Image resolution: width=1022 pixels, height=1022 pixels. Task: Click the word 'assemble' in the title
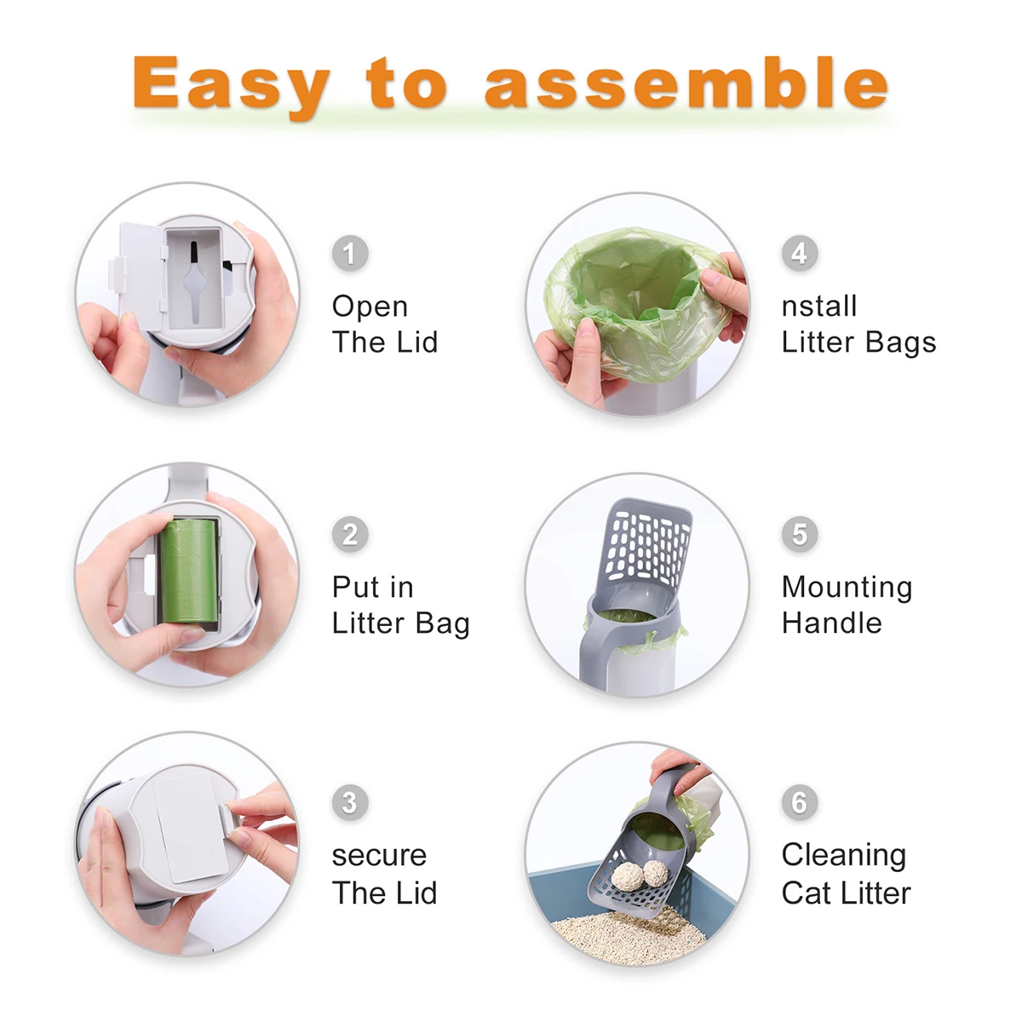coord(686,83)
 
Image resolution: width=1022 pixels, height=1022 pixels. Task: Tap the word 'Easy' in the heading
coord(230,85)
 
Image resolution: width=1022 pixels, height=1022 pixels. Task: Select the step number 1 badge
coord(350,254)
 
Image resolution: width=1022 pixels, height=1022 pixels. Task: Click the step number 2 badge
coord(350,535)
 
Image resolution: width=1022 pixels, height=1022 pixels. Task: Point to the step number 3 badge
coord(350,802)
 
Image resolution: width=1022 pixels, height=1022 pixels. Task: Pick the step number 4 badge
coord(799,254)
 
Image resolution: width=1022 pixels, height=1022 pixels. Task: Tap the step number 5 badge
coord(799,535)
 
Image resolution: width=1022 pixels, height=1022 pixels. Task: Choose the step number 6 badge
coord(799,802)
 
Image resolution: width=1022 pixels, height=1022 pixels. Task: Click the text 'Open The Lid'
coord(384,324)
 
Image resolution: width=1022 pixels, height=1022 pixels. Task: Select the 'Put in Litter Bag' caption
coord(400,605)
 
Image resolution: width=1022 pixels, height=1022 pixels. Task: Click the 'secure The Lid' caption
coord(384,874)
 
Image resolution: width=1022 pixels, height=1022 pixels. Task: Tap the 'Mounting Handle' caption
coord(847,605)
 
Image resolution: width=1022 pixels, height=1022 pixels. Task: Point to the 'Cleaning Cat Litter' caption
coord(846,874)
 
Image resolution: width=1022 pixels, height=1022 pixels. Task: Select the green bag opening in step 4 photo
coord(634,294)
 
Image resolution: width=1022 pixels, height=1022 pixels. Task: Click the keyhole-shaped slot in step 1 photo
coord(195,277)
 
